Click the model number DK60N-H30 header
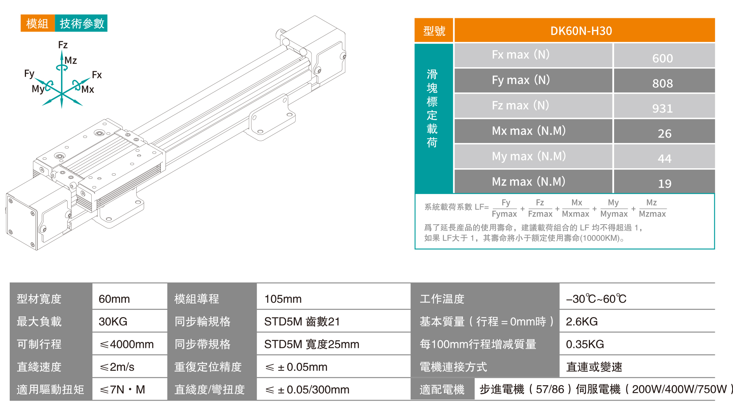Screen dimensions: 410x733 tap(581, 31)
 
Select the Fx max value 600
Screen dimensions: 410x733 tap(662, 58)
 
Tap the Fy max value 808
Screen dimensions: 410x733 tap(662, 83)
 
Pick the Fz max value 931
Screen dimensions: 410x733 tap(662, 108)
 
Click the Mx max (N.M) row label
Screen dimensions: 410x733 tap(528, 131)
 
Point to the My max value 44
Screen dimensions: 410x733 tap(664, 159)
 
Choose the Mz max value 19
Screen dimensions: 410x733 tap(664, 183)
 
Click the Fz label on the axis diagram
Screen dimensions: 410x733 tap(63, 45)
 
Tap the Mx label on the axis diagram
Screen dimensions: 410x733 tap(88, 89)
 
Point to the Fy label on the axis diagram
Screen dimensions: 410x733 tap(29, 73)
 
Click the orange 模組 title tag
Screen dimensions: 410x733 tap(37, 24)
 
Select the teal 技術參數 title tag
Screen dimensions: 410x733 tap(82, 24)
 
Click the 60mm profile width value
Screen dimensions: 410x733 tap(114, 299)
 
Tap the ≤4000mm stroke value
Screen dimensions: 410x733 tap(127, 344)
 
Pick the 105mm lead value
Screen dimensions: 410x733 tap(283, 299)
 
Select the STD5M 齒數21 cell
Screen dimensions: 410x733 tap(302, 321)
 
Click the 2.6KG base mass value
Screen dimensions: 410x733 tap(582, 321)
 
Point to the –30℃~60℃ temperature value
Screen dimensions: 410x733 tap(596, 299)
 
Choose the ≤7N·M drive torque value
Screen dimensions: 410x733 tap(122, 389)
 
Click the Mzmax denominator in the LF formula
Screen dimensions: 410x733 tap(652, 214)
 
